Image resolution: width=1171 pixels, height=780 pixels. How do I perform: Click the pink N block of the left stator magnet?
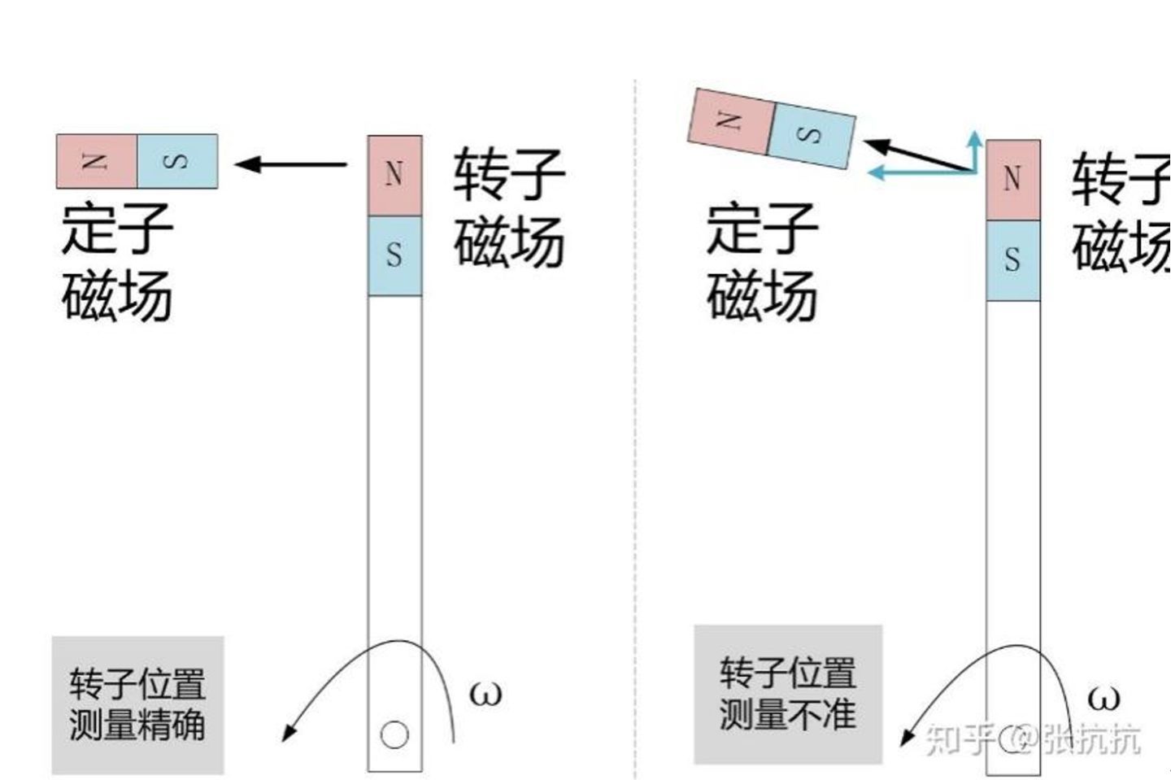(x=96, y=161)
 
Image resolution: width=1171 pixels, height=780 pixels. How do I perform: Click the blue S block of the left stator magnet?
(x=177, y=161)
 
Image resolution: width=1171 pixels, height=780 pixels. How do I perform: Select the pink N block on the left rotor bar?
(x=394, y=175)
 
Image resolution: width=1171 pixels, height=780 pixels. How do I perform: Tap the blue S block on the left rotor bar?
(x=394, y=255)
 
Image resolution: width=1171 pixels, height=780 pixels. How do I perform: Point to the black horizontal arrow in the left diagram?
(x=291, y=164)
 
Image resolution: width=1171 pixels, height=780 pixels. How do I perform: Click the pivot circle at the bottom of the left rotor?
(x=394, y=734)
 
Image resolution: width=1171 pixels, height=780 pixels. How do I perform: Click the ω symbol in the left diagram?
(x=485, y=694)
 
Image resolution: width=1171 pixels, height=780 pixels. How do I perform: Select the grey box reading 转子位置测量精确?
(x=137, y=704)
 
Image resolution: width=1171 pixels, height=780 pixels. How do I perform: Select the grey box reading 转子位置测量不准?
(x=787, y=694)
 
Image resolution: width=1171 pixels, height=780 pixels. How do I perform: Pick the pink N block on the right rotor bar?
(x=1012, y=179)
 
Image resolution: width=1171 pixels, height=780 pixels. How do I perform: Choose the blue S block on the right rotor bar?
(x=1012, y=259)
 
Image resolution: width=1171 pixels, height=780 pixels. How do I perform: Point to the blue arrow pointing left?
(x=919, y=172)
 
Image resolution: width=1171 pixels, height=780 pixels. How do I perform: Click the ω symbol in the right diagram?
(x=1103, y=698)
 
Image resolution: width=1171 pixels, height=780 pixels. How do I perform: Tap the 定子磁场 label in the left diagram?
(x=117, y=262)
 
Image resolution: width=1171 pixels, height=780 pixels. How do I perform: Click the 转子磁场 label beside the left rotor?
(x=509, y=207)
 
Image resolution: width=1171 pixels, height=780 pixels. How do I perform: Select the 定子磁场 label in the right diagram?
(x=761, y=262)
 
